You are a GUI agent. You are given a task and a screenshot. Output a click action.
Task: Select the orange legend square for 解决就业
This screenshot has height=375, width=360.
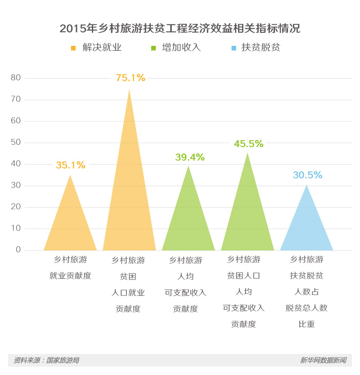(73, 48)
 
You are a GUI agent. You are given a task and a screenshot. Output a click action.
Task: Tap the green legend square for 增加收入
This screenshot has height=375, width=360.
(153, 48)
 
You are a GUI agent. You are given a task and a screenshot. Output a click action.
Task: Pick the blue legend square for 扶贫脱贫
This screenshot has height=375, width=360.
(233, 48)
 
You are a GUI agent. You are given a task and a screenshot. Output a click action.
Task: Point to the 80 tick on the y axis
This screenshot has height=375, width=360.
(16, 78)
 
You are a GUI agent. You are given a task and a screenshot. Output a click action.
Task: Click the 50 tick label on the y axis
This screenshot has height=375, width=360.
(16, 143)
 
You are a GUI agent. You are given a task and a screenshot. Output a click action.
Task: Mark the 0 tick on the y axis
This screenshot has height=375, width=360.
(18, 250)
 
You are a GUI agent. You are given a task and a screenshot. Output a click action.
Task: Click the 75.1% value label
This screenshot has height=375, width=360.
(130, 78)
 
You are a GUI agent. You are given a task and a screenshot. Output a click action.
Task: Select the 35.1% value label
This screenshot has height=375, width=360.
(70, 165)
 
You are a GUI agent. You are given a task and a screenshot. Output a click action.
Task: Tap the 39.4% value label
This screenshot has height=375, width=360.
(189, 157)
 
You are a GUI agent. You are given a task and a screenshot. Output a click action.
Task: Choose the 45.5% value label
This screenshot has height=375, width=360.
(248, 144)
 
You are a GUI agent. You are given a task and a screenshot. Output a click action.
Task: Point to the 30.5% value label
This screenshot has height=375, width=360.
(307, 175)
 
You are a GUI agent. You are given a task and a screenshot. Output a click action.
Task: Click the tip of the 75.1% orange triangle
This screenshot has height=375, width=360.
(129, 90)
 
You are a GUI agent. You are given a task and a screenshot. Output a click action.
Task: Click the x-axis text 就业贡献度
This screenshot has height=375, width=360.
(70, 276)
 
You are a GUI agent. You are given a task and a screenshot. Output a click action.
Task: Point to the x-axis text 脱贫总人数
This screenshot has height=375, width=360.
(306, 308)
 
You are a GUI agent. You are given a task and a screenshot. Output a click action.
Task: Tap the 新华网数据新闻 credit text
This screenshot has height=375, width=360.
(323, 360)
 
